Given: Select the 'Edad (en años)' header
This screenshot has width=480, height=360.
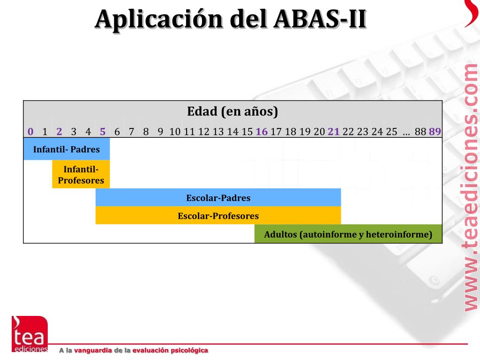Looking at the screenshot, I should [x=232, y=112].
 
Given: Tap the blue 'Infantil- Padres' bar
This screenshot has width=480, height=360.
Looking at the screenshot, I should [x=67, y=150].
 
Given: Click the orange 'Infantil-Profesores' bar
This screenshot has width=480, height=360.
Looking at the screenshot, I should [x=81, y=174].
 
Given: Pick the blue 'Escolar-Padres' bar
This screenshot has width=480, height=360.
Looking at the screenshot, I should [x=218, y=198].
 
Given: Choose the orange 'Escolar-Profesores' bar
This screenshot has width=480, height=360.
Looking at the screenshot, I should [x=218, y=216].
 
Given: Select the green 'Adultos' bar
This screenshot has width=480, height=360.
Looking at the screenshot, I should [x=348, y=234].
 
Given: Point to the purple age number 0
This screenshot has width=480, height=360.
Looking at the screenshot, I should [x=30, y=131].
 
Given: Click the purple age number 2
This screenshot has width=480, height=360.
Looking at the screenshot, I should [x=59, y=131].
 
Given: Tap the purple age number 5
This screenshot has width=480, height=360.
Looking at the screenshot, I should [x=103, y=131].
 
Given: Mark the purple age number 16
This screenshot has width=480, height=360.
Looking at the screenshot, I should [x=262, y=131].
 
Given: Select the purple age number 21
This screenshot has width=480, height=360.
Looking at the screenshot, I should [x=334, y=131].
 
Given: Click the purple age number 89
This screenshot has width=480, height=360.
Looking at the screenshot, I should [x=435, y=131].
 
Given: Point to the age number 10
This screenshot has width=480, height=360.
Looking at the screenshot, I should [x=175, y=131].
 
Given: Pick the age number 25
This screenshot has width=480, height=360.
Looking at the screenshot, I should [x=391, y=131].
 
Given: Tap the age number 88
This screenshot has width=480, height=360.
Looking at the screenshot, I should [x=420, y=131].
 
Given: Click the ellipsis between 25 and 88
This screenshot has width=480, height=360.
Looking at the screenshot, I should [x=406, y=132].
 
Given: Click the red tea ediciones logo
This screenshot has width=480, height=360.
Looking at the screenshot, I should [x=30, y=334].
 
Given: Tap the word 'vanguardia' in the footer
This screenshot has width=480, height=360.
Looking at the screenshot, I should [x=93, y=351].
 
